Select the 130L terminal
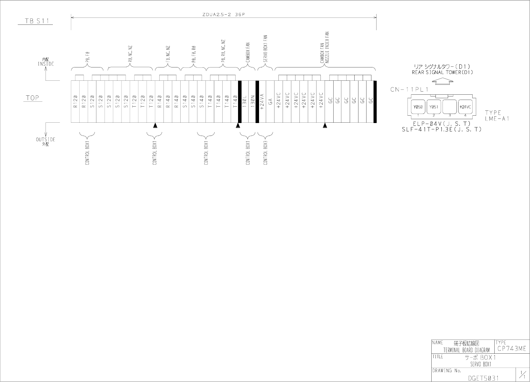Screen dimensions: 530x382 click(x=244, y=101)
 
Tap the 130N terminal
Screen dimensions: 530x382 click(x=252, y=101)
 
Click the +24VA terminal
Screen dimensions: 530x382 click(x=262, y=101)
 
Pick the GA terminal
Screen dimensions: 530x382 click(x=270, y=101)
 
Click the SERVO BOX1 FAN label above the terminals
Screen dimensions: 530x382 click(x=265, y=49)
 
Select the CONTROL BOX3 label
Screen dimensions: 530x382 click(x=265, y=153)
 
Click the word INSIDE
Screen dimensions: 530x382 click(x=46, y=64)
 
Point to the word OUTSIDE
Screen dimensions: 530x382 click(x=46, y=139)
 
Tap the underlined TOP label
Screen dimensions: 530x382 click(x=33, y=98)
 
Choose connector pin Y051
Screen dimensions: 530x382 click(x=434, y=107)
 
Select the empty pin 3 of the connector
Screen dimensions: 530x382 click(x=449, y=107)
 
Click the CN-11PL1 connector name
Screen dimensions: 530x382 click(x=409, y=89)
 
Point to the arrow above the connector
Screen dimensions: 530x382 click(x=443, y=81)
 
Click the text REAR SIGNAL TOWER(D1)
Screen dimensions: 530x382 click(x=442, y=73)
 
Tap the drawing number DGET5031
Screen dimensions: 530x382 click(x=483, y=378)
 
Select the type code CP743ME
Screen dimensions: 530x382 click(x=511, y=349)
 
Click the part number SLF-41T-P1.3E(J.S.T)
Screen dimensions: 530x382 click(x=441, y=129)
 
